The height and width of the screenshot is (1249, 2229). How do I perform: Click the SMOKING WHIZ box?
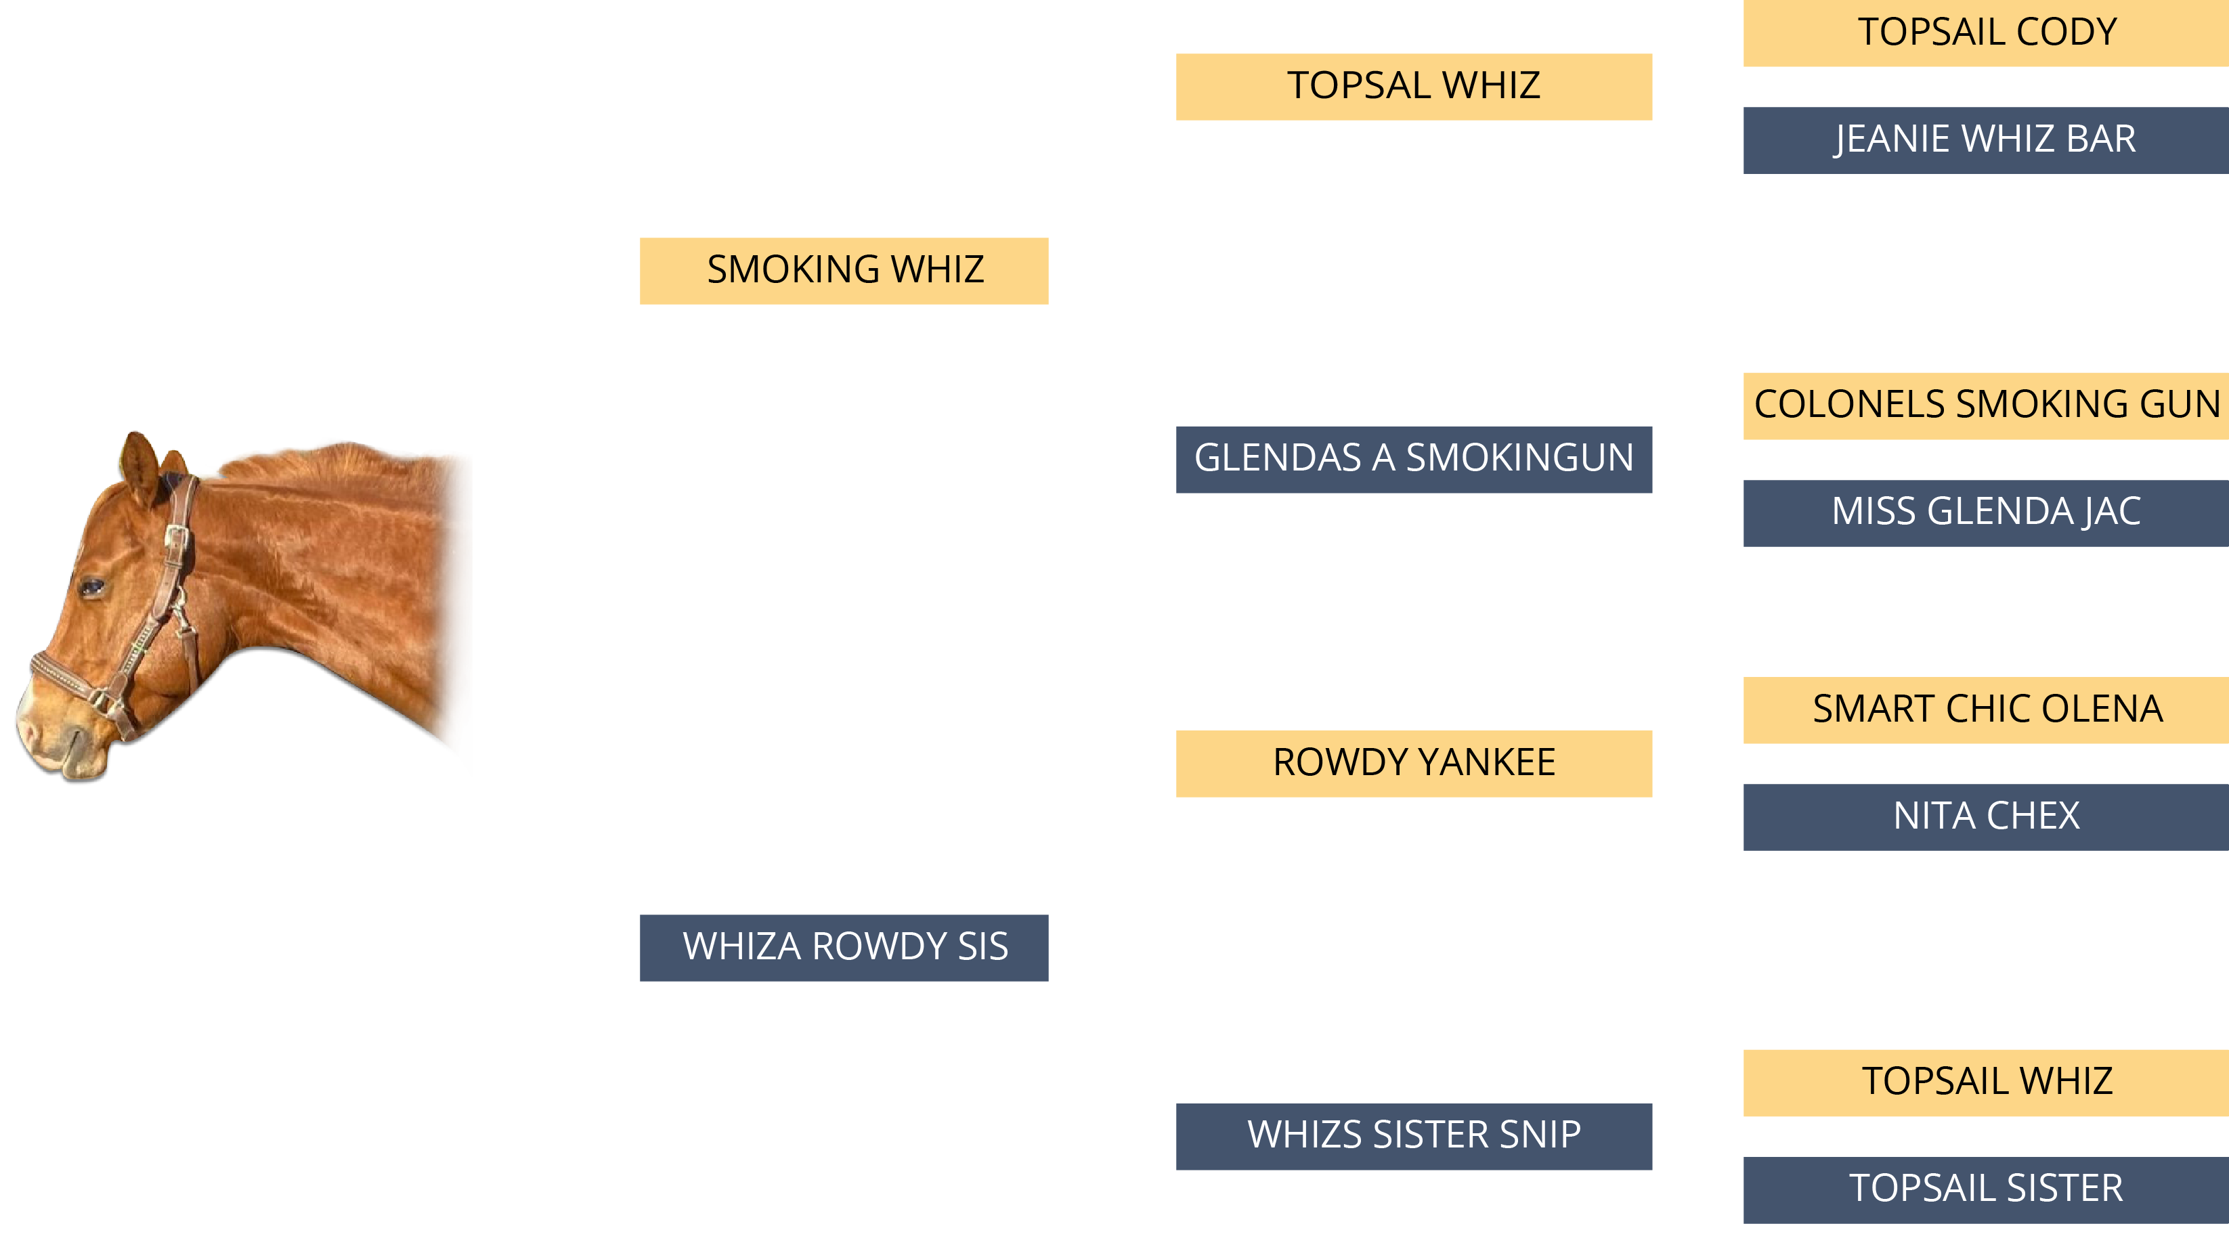[x=844, y=271]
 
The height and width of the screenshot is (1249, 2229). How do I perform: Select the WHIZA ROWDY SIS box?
[x=844, y=947]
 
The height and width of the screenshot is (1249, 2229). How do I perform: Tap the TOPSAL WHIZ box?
[x=1413, y=87]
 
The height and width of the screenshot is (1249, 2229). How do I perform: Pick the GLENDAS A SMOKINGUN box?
[x=1413, y=459]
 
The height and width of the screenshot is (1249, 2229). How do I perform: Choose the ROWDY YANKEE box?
[x=1413, y=763]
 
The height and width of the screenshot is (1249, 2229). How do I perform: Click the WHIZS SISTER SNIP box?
[x=1413, y=1136]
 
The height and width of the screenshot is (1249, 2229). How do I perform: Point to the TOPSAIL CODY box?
[x=1986, y=33]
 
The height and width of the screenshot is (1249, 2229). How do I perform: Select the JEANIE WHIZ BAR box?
[x=1986, y=140]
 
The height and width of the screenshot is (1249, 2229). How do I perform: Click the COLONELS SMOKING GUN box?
[x=1986, y=406]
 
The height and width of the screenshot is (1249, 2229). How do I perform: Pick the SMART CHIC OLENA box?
[x=1986, y=710]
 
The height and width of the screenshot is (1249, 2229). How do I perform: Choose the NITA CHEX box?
[x=1986, y=816]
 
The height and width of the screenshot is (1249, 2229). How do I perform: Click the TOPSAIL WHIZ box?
[x=1986, y=1082]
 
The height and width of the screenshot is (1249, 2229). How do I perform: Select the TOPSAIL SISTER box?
[x=1986, y=1189]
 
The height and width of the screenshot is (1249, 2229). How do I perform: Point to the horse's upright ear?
[x=138, y=467]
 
